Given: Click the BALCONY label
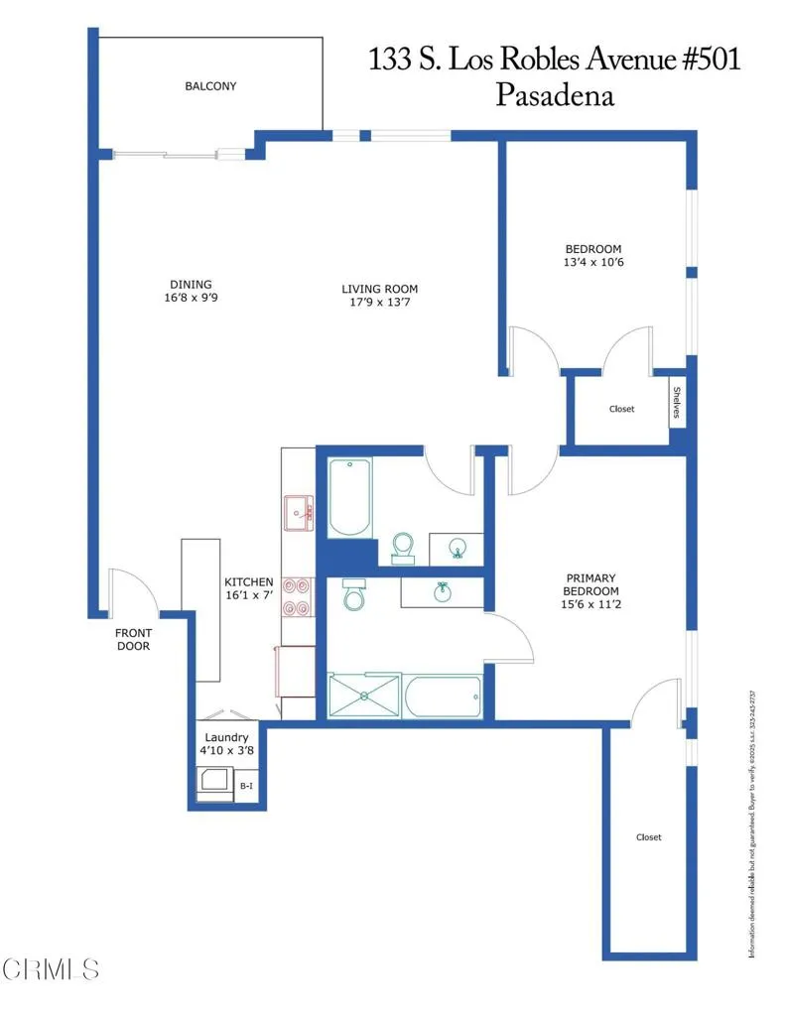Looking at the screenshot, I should pos(210,86).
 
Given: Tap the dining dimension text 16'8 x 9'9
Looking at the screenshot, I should pos(190,297).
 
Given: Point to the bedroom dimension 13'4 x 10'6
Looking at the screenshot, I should pos(593,263).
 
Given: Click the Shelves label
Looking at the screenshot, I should pos(678,403).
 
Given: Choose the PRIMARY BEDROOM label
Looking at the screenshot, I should pos(590,585).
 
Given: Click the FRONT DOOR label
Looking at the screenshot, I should pos(133,639).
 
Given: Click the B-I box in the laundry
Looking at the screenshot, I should pos(247,786).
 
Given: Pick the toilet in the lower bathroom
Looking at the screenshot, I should pos(353,595).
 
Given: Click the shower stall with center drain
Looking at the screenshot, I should pos(365,696).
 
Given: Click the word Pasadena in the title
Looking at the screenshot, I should pos(554,95).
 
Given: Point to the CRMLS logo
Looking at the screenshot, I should pos(50,968).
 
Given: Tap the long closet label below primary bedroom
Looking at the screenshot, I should pos(648,837).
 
